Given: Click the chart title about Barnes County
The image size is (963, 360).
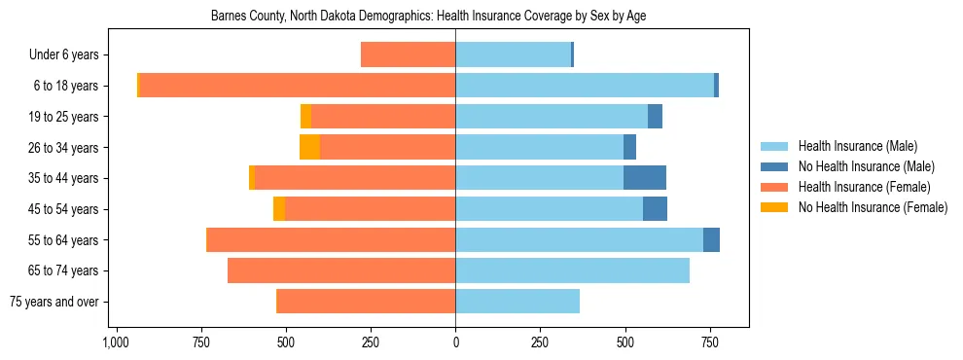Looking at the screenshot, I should (428, 17).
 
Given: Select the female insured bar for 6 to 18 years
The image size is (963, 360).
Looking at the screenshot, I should (298, 86).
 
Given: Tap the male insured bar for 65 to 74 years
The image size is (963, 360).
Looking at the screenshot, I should (572, 270).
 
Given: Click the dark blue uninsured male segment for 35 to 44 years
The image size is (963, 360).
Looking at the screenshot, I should (644, 178).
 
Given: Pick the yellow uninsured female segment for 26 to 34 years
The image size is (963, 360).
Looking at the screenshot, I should (309, 147).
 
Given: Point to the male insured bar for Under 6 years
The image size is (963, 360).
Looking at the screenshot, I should (513, 54).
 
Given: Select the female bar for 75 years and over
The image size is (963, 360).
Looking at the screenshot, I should (366, 302).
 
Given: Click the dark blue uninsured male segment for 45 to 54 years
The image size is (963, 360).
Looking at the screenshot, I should (655, 209).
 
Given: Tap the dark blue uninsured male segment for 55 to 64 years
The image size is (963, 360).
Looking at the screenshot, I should (711, 239).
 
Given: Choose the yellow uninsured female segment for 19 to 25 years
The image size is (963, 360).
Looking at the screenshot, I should (305, 117).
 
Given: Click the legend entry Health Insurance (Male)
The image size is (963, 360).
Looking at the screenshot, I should (857, 146).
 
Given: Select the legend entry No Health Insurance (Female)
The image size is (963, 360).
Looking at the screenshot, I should (873, 207).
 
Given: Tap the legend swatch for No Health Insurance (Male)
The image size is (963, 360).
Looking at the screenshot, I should (775, 166).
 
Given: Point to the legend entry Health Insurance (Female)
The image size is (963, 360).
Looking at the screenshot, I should (864, 187).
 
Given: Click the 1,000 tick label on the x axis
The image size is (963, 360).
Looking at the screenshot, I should (116, 343).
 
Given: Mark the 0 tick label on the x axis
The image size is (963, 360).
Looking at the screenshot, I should (455, 343).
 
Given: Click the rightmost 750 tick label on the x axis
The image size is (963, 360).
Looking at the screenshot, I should (710, 343).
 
